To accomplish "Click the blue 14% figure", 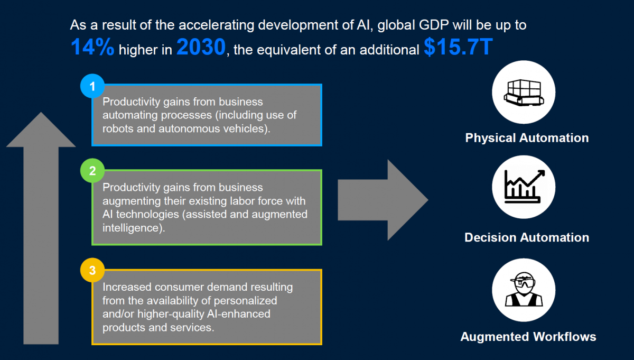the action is click(92, 47).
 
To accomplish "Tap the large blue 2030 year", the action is click(201, 47).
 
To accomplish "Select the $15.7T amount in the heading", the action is click(458, 47).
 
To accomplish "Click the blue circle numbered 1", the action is click(92, 86).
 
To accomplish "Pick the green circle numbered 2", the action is click(92, 171).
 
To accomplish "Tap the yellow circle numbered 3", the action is click(92, 270).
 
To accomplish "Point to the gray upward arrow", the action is click(41, 228).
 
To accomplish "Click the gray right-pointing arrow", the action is click(383, 200).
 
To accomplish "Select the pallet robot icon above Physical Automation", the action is click(524, 93).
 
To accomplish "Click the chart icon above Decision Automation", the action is click(524, 187).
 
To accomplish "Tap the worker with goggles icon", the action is click(524, 290).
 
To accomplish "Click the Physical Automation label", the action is click(527, 138).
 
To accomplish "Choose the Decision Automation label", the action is click(527, 237).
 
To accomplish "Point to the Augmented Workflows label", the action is click(528, 337).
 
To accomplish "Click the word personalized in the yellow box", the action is click(245, 301).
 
